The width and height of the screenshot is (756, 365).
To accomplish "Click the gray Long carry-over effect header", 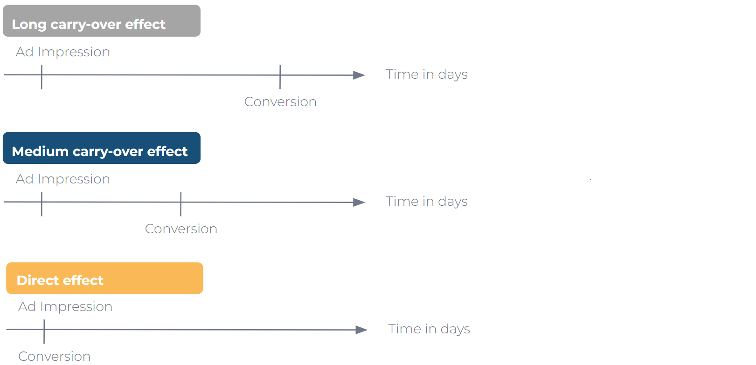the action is pyautogui.click(x=102, y=21).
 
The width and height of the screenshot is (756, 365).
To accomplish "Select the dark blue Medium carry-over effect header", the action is pyautogui.click(x=102, y=148).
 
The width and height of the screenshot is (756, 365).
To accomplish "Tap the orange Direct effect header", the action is pyautogui.click(x=104, y=278).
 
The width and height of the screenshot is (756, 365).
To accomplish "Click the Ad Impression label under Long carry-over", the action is pyautogui.click(x=63, y=52).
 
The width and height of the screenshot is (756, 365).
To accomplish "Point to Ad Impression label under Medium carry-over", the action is pyautogui.click(x=63, y=179).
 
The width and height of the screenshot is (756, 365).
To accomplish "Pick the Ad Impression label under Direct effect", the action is pyautogui.click(x=65, y=307).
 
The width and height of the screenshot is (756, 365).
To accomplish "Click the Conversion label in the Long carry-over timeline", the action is pyautogui.click(x=280, y=102).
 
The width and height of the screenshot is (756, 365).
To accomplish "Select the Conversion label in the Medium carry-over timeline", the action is pyautogui.click(x=181, y=229).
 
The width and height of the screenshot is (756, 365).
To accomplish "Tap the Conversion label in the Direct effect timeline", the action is pyautogui.click(x=55, y=356).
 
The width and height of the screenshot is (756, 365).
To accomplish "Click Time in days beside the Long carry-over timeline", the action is pyautogui.click(x=427, y=74).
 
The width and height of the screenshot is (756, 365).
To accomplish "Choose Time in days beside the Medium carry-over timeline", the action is pyautogui.click(x=427, y=202).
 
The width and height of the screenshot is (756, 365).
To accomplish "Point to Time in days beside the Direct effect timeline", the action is pyautogui.click(x=429, y=329).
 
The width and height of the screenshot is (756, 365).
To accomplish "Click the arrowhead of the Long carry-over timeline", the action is pyautogui.click(x=359, y=75).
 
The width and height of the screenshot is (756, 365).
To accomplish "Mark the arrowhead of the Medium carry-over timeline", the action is pyautogui.click(x=359, y=202).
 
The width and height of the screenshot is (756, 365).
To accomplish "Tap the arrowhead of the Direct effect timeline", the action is pyautogui.click(x=361, y=330).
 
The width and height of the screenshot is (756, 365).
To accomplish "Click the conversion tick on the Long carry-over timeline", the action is pyautogui.click(x=280, y=77).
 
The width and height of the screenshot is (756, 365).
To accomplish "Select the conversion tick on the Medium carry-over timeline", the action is pyautogui.click(x=180, y=204).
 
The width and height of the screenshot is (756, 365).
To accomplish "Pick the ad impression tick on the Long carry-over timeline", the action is pyautogui.click(x=42, y=77).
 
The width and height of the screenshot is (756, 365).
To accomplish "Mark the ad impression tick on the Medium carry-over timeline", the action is pyautogui.click(x=42, y=204).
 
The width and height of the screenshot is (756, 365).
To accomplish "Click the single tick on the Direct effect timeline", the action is pyautogui.click(x=44, y=331).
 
